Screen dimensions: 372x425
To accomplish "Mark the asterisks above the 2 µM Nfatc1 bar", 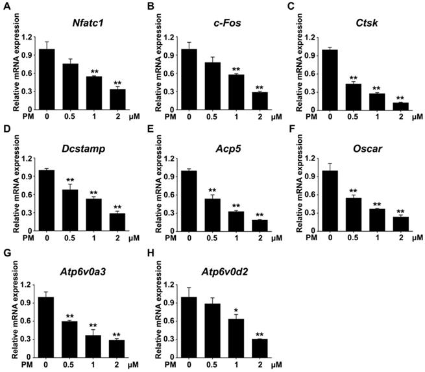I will pos(117,82).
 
